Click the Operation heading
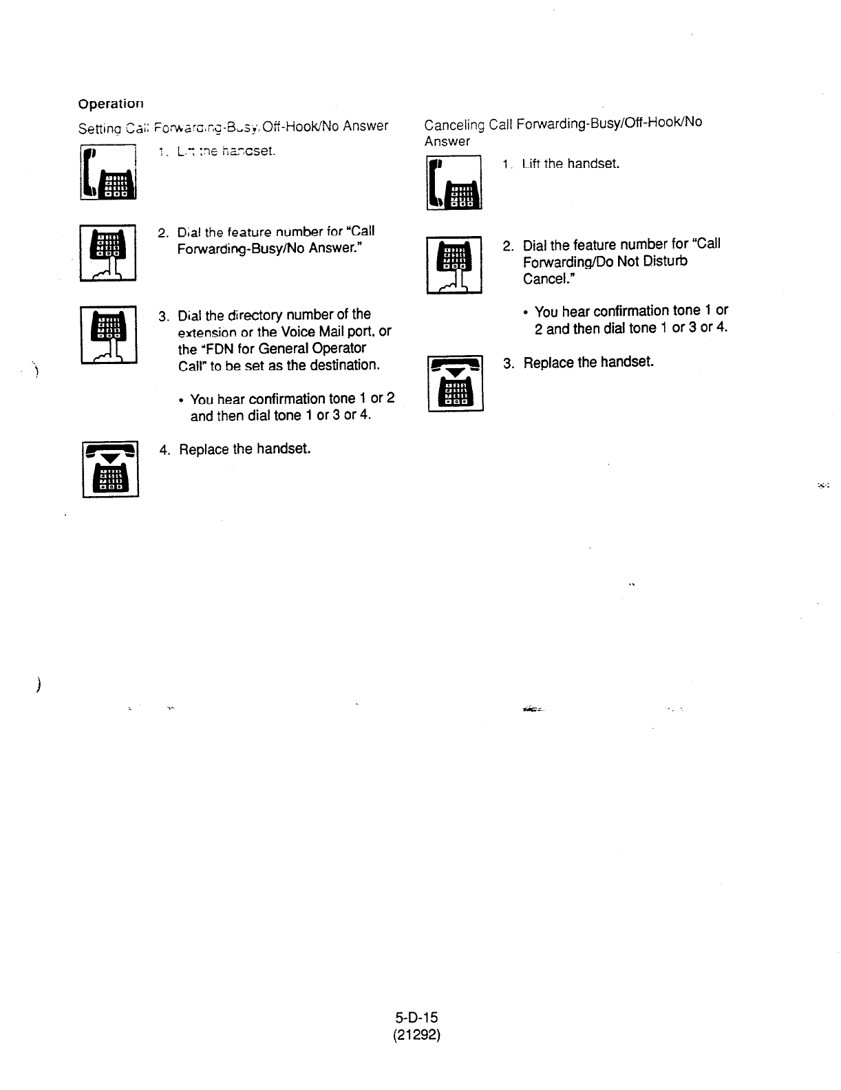pos(111,105)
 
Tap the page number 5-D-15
pos(416,1018)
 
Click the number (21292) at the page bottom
pos(416,1034)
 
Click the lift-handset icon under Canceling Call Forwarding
pos(455,182)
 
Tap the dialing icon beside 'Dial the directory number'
pos(109,334)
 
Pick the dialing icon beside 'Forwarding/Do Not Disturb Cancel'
pos(454,265)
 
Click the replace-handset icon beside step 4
pos(111,469)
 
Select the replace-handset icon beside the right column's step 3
pos(456,383)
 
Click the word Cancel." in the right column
pos(549,279)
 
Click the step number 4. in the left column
pos(165,450)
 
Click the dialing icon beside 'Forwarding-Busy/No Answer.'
pos(109,253)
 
